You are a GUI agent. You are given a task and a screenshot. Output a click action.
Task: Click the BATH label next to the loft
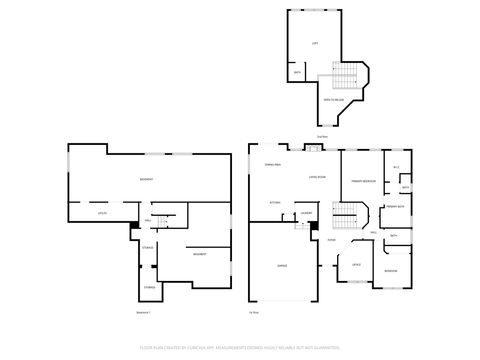[297, 72]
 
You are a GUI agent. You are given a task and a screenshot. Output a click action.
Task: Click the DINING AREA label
[272, 163]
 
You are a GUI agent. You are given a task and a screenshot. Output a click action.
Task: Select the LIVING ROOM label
[318, 177]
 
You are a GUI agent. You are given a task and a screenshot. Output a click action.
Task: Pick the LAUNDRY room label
[307, 212]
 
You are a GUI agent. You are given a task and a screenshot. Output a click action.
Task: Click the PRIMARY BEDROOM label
[363, 181]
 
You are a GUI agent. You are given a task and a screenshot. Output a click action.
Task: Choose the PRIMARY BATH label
[394, 205]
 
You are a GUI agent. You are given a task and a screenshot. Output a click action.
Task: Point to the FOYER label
[331, 240]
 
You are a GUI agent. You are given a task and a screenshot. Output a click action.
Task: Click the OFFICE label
[355, 264]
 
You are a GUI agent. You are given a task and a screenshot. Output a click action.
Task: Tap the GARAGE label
[283, 266]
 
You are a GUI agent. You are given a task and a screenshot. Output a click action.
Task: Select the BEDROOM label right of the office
[391, 270]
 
